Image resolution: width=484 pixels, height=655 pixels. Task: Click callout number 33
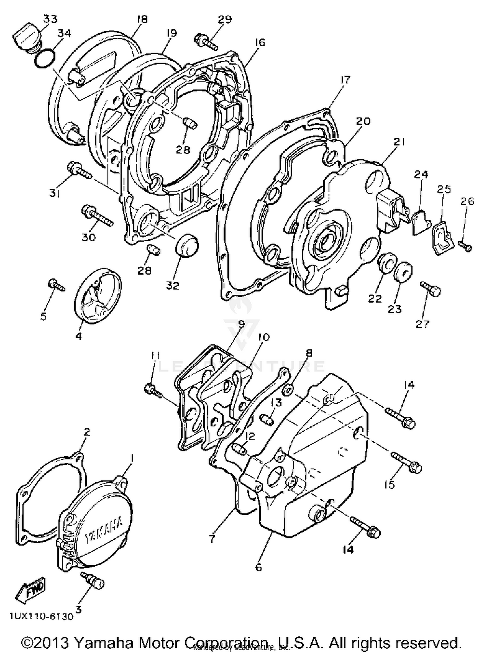pyautogui.click(x=50, y=19)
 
